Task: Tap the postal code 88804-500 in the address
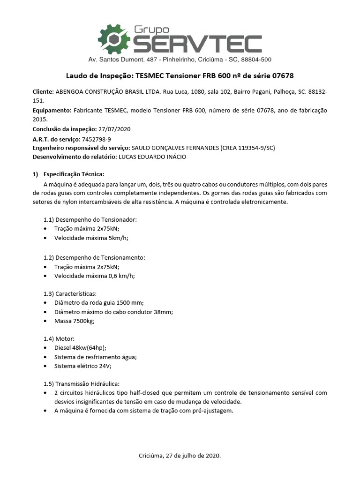256,60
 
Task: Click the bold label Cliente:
43,92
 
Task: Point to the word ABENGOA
71,92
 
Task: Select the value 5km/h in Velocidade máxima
118,238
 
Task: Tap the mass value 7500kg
83,321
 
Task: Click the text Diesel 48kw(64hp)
80,347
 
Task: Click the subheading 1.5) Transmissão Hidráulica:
82,383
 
